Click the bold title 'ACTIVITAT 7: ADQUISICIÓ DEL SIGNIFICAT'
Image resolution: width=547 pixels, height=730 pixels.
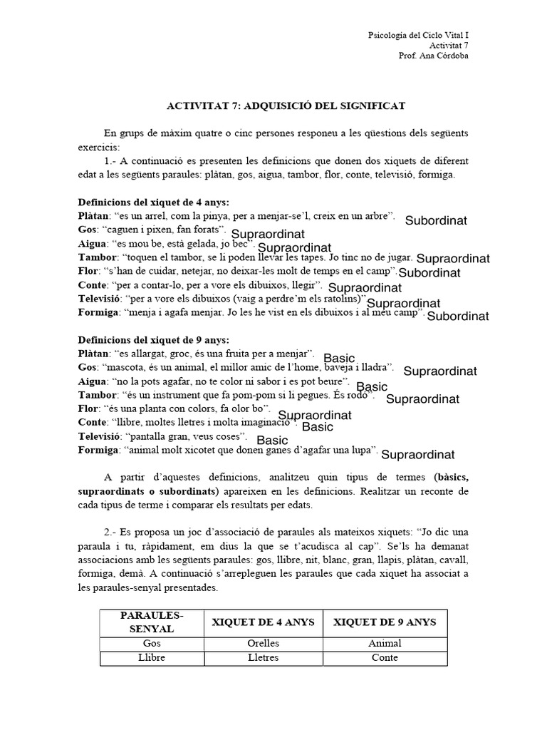(x=286, y=106)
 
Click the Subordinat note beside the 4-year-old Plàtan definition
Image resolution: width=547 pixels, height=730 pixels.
(x=436, y=221)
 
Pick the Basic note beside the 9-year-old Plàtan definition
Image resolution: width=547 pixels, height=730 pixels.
(x=339, y=357)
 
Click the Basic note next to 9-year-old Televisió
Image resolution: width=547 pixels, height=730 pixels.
(x=272, y=441)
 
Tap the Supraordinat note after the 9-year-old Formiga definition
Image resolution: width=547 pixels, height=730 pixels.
(x=418, y=454)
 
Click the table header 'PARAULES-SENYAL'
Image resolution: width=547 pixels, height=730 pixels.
(x=152, y=622)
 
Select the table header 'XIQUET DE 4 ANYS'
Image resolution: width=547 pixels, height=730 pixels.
(x=263, y=622)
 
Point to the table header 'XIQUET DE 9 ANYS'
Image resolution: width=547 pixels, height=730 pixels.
(x=385, y=622)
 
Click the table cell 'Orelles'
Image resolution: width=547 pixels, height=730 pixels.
(x=263, y=644)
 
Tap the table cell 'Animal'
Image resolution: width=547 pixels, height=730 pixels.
(x=385, y=644)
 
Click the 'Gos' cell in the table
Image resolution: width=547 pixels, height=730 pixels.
(x=152, y=644)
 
